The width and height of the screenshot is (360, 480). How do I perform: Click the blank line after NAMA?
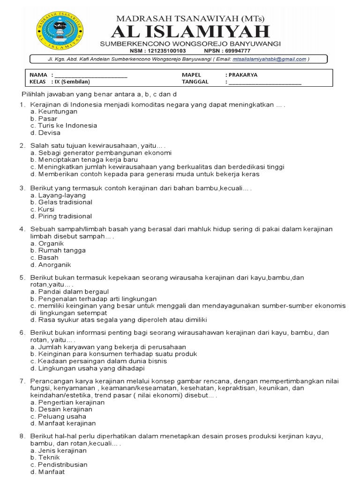91,75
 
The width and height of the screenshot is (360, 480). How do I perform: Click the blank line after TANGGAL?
265,82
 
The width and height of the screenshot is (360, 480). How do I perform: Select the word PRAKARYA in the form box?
241,75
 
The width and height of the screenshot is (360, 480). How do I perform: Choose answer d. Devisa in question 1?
45,133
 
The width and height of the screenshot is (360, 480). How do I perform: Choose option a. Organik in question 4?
47,244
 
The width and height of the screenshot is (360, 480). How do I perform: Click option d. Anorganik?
51,264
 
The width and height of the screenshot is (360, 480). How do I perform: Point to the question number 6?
22,332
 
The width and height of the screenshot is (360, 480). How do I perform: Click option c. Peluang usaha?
58,416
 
